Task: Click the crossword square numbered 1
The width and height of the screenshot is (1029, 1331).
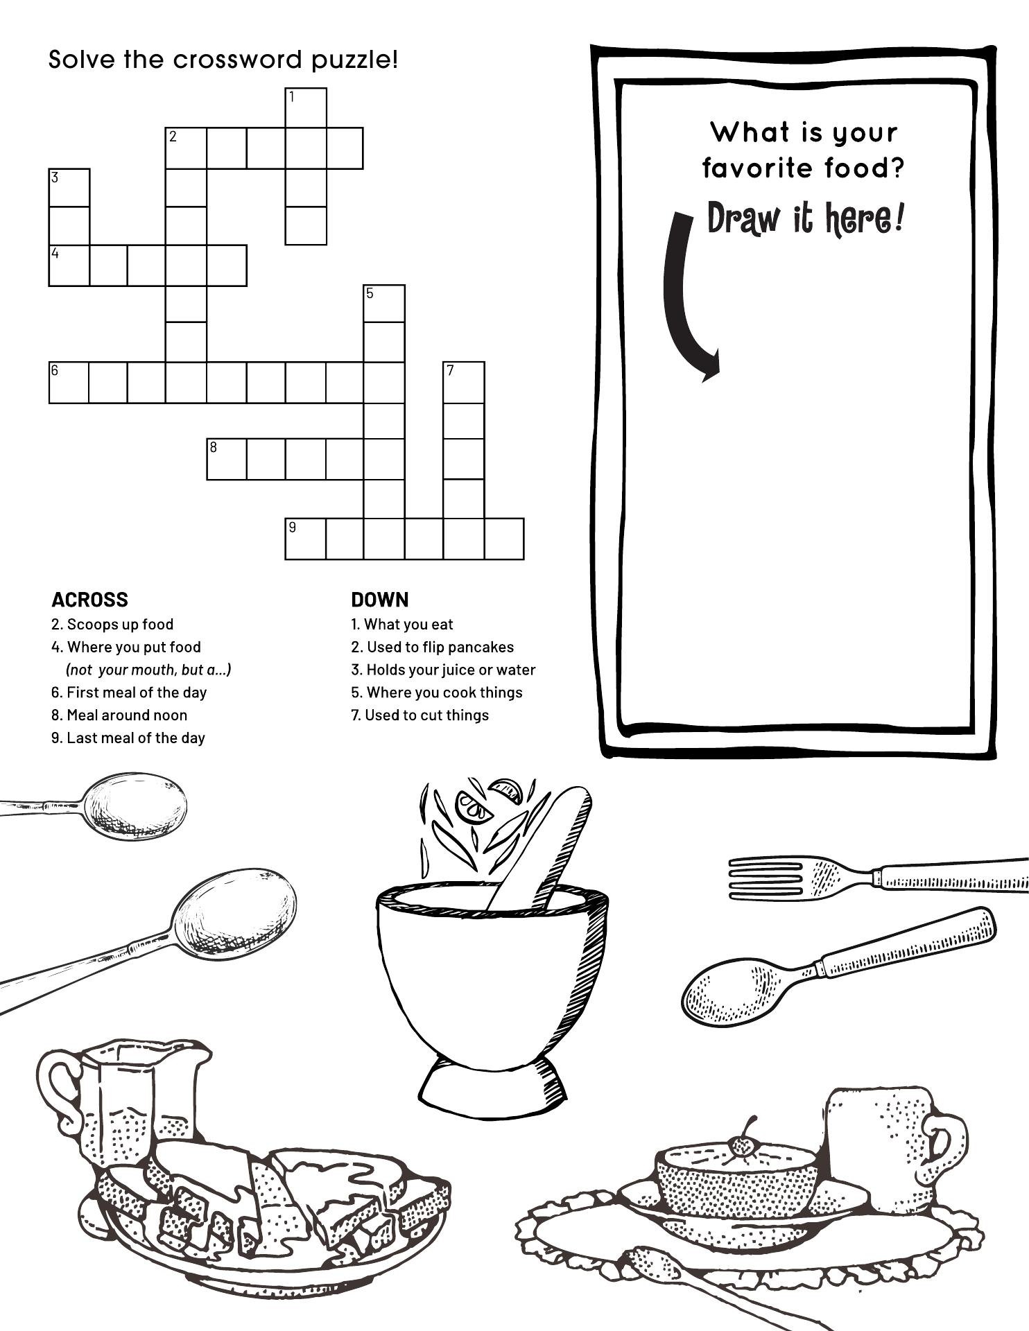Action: tap(306, 107)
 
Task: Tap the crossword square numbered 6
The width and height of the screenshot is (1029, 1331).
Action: tap(69, 382)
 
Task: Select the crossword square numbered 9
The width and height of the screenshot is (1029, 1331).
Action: tap(306, 539)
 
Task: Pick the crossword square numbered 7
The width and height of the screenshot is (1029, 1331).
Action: tap(464, 382)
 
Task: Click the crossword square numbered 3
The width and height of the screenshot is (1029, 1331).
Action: tap(69, 187)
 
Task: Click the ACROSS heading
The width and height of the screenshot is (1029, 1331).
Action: tap(90, 600)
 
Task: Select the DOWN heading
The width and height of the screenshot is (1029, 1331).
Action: tap(380, 600)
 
